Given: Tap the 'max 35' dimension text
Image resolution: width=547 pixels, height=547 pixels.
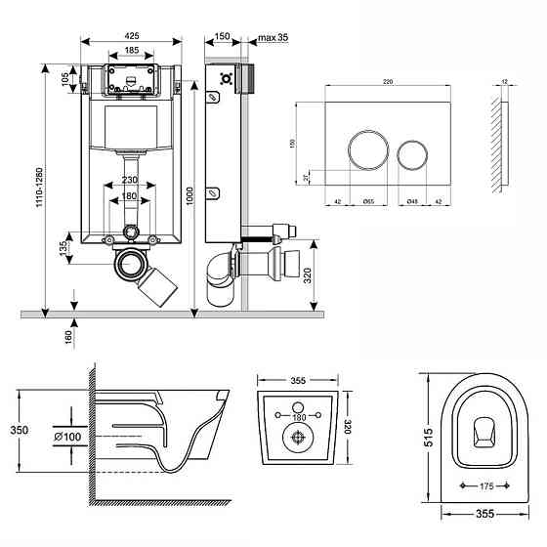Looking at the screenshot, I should [x=273, y=37].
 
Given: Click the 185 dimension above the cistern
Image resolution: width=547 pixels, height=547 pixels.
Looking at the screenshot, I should [x=130, y=51].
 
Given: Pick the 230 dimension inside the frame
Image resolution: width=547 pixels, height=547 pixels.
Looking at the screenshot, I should [x=129, y=179].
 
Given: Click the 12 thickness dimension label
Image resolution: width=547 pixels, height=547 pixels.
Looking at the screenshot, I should [x=503, y=81].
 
